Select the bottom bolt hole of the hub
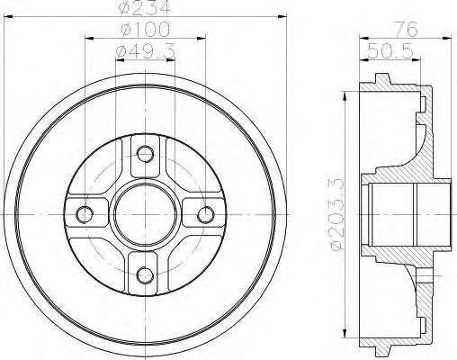145,275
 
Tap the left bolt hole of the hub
85,214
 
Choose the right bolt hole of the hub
206,214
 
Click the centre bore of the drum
145,214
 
